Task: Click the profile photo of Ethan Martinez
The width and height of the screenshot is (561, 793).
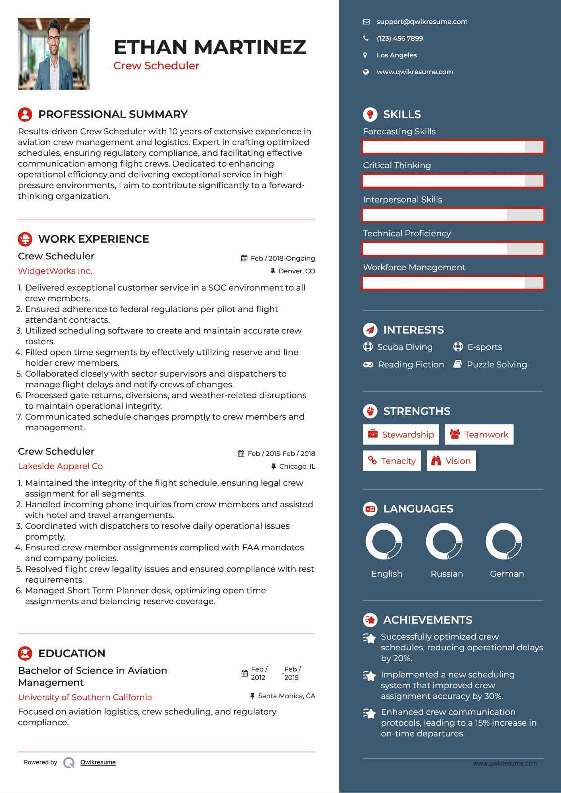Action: [x=54, y=54]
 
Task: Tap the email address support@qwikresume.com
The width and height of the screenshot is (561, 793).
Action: [x=422, y=22]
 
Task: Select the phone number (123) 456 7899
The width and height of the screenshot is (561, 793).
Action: [x=400, y=39]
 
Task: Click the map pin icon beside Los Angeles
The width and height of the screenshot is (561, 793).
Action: [x=365, y=55]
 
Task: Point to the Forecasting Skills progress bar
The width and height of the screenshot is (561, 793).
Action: [x=453, y=147]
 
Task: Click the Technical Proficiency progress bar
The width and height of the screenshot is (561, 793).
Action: [x=453, y=249]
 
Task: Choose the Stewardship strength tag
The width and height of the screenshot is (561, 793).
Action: [x=401, y=434]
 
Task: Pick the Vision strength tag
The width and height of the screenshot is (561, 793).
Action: [x=451, y=461]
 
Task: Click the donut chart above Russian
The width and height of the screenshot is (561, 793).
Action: [x=444, y=542]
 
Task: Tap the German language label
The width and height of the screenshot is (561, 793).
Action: [x=507, y=574]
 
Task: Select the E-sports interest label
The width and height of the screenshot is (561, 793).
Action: [x=484, y=347]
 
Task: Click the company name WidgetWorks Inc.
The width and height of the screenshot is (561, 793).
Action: [x=55, y=271]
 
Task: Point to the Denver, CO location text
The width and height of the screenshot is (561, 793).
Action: [x=297, y=271]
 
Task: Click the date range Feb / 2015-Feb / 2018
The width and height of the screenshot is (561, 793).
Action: [x=281, y=453]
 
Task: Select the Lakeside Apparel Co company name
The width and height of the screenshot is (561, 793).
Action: [x=60, y=466]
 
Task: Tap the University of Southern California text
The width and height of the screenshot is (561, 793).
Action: [x=85, y=697]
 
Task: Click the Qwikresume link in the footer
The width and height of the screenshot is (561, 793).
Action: [x=98, y=762]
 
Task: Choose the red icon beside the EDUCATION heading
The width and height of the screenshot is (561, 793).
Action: [x=25, y=654]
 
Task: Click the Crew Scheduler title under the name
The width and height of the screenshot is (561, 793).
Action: [x=156, y=66]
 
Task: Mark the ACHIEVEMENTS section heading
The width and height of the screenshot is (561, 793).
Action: [x=427, y=620]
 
